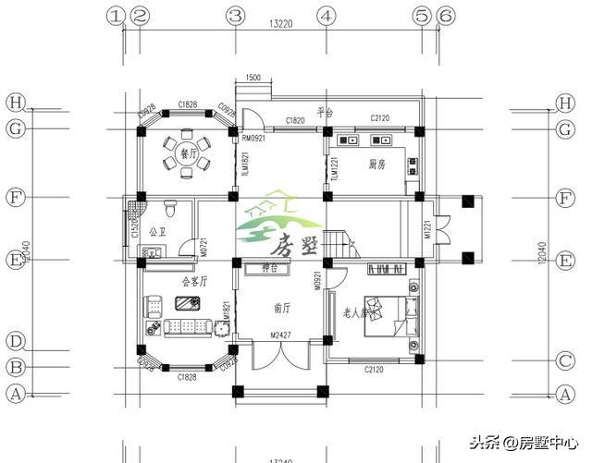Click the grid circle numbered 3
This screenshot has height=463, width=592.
[x=236, y=16]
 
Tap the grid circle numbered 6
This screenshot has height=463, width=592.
[x=445, y=16]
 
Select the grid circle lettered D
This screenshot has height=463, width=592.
[x=15, y=340]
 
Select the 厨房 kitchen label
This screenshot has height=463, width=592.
[x=377, y=164]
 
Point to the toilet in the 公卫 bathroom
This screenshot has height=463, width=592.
[x=169, y=209]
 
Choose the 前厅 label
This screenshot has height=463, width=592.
[x=284, y=308]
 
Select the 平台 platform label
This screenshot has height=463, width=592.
[x=325, y=113]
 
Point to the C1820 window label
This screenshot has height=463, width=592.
[x=296, y=121]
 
